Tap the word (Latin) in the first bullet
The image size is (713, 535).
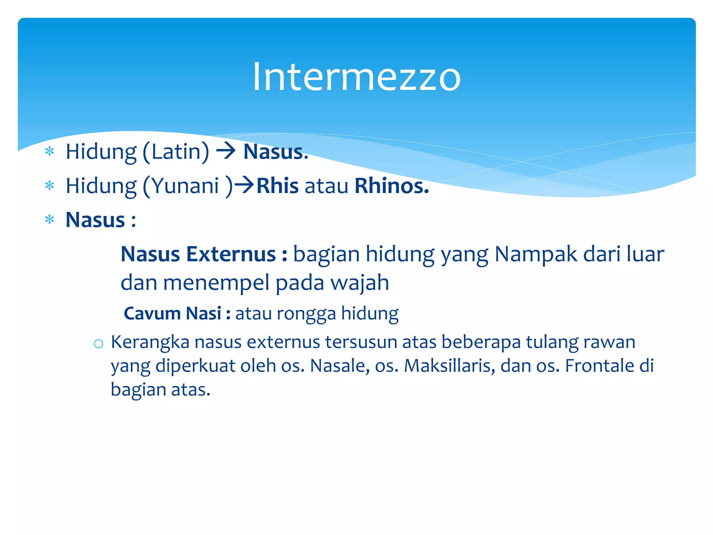(176, 152)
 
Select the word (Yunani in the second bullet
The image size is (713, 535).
(181, 186)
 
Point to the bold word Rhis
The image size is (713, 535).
(277, 186)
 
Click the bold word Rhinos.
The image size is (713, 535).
(392, 186)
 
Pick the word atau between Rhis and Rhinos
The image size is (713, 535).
(326, 186)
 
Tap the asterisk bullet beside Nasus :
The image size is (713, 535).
(50, 220)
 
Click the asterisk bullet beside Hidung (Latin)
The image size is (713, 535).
(50, 152)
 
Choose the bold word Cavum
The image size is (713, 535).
(152, 313)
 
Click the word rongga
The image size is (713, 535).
(306, 314)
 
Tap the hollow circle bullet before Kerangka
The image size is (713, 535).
(99, 344)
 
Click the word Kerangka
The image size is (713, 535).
(150, 342)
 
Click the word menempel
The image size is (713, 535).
(216, 282)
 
